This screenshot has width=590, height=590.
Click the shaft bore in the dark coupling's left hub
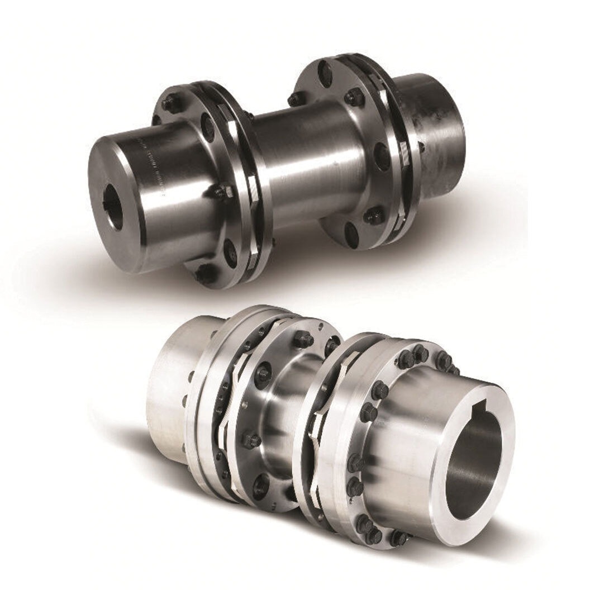click(x=115, y=208)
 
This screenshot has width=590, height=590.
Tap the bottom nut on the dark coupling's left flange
click(x=204, y=273)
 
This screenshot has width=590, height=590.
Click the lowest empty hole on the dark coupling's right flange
click(x=351, y=231)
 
